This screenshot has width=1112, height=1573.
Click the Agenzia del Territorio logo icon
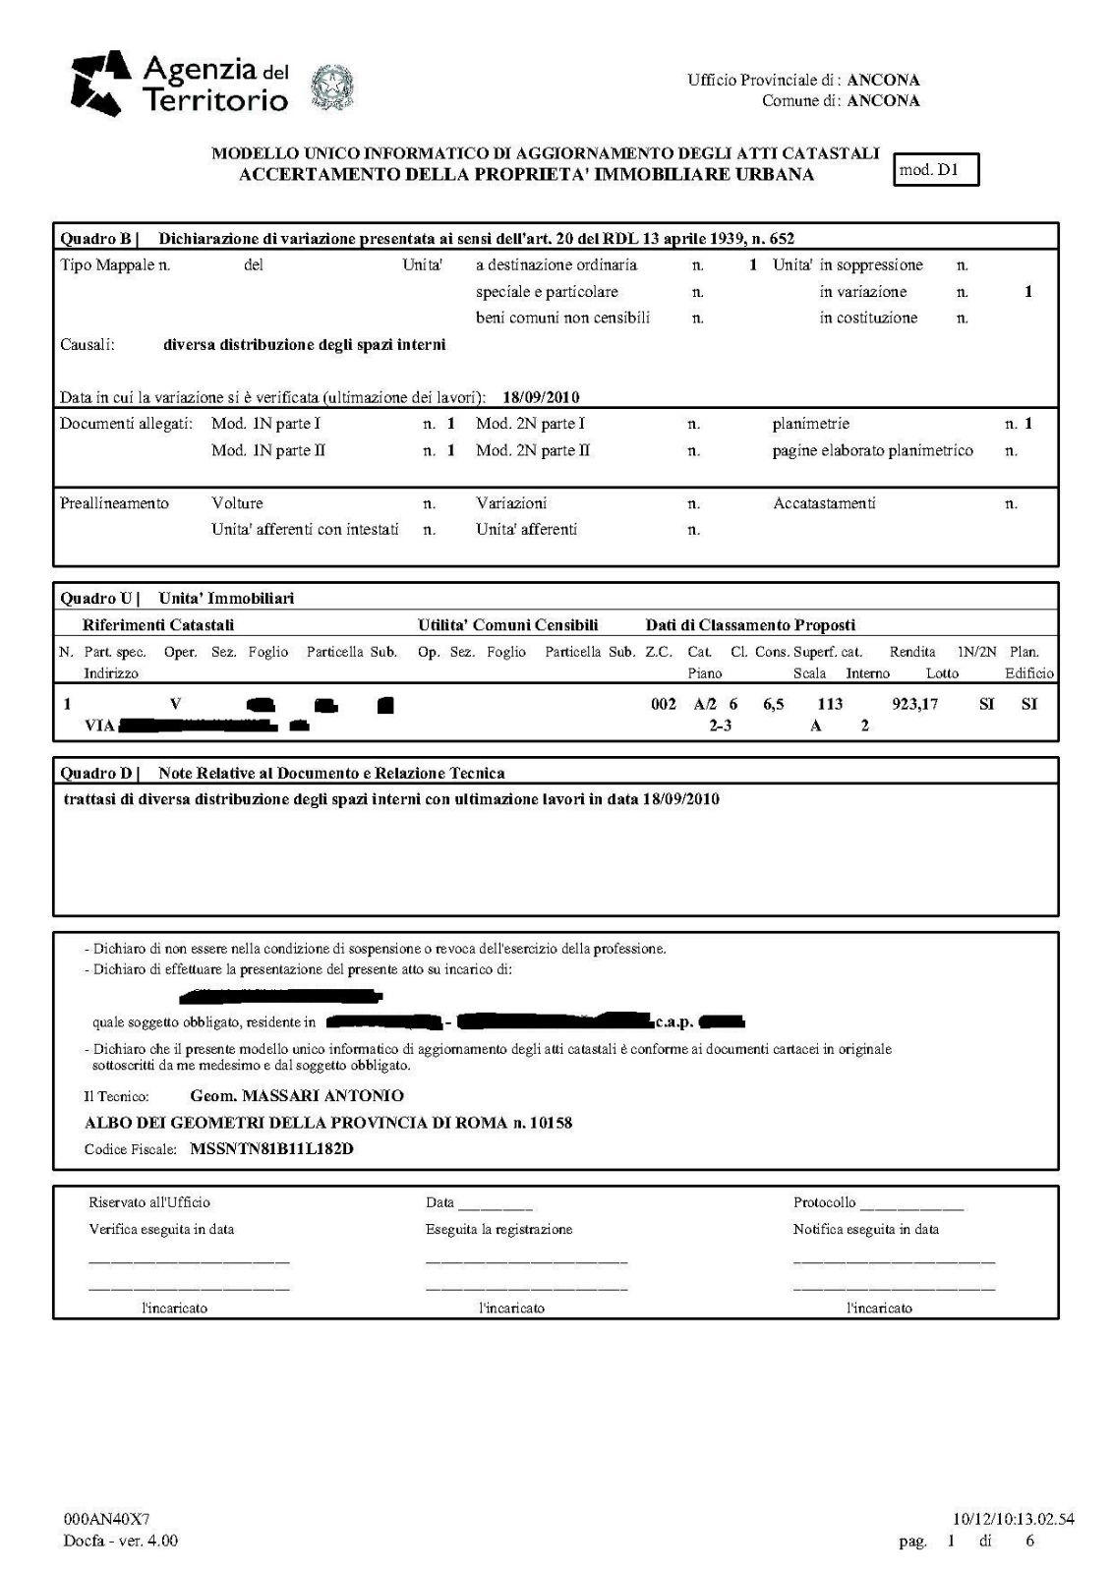click(102, 83)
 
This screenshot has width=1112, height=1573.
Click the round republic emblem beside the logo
click(332, 87)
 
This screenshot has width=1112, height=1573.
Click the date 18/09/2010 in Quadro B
click(540, 398)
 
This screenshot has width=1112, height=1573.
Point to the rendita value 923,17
click(914, 704)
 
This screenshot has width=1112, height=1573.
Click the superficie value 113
click(831, 704)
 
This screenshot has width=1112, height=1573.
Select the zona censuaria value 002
click(664, 704)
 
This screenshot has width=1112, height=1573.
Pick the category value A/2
click(705, 704)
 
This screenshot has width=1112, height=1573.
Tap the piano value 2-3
click(721, 726)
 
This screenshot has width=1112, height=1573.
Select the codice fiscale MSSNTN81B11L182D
click(271, 1148)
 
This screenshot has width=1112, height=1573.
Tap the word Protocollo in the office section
click(824, 1202)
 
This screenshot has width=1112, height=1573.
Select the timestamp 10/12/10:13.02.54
click(1014, 1519)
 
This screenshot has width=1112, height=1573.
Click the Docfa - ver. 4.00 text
click(120, 1541)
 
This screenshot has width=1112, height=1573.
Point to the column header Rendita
click(912, 652)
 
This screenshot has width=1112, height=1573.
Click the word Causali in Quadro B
click(88, 345)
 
